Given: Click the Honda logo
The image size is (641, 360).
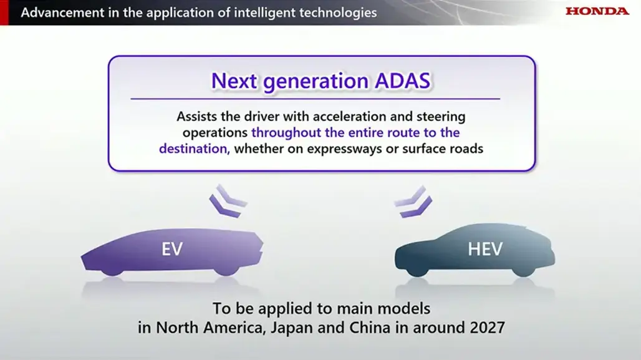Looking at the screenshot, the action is [597, 11].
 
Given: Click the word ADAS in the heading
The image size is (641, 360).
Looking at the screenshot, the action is [402, 80].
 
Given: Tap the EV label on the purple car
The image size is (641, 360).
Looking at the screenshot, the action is [171, 249].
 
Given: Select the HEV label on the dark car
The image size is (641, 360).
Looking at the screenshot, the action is [485, 249].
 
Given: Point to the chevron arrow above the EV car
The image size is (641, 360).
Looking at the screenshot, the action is [228, 201].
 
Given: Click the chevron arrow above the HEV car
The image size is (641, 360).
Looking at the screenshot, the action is [413, 202].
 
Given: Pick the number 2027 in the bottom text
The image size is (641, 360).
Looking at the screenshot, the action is [487, 328].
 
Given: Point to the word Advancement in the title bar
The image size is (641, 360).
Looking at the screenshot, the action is [62, 12].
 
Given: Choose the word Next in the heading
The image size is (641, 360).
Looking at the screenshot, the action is [234, 80].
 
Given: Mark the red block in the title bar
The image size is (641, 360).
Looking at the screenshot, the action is [4, 12].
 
